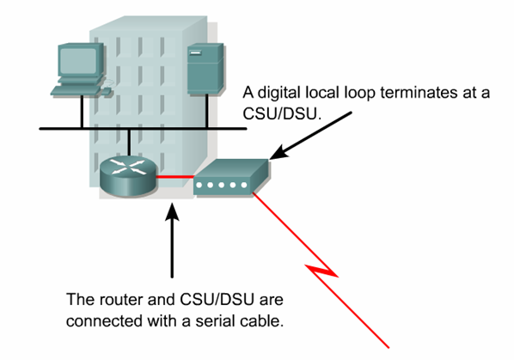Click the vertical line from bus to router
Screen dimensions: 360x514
click(128, 142)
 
